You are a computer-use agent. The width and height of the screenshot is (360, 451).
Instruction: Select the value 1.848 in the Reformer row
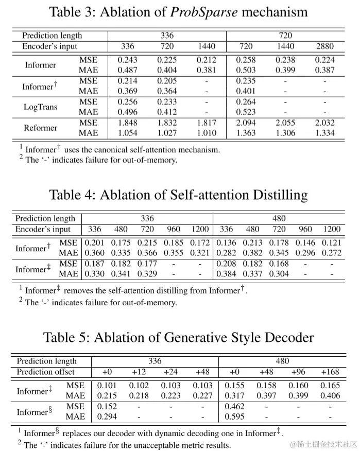[x=128, y=123]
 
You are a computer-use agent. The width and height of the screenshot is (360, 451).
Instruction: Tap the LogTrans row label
[x=41, y=107]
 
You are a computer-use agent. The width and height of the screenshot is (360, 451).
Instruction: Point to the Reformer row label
[x=41, y=128]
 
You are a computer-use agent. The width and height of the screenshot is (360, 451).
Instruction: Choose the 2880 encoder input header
[x=324, y=46]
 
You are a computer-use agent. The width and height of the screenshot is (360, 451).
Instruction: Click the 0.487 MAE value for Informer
[x=128, y=70]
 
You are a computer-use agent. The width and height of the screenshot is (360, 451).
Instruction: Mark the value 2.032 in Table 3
[x=324, y=123]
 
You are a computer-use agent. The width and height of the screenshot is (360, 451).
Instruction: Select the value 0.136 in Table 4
[x=226, y=242]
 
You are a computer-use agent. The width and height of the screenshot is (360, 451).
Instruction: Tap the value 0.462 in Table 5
[x=235, y=407]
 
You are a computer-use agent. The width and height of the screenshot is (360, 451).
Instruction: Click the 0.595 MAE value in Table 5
[x=235, y=417]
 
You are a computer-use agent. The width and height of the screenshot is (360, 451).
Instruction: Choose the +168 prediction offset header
[x=330, y=372]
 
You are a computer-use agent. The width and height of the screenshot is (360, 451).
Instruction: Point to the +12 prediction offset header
[x=139, y=372]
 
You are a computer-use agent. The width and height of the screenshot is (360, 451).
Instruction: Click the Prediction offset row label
[x=45, y=372]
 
